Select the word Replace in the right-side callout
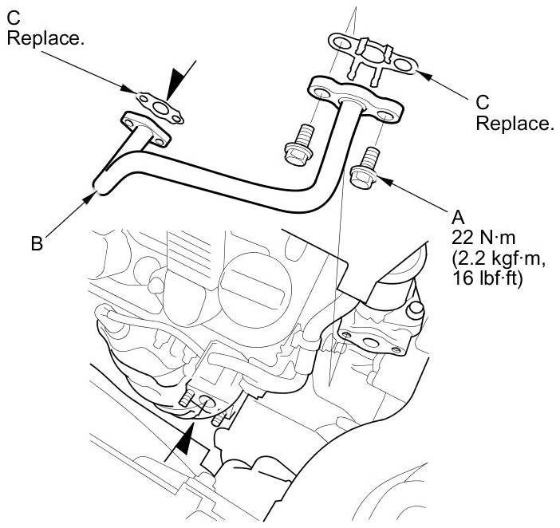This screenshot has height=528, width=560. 514,124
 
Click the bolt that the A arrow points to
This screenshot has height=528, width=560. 365,168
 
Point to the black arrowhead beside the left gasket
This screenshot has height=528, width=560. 181,83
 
